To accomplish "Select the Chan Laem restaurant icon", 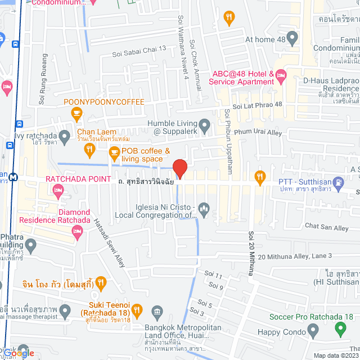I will pyautogui.click(x=88, y=148).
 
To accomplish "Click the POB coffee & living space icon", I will pyautogui.click(x=114, y=151).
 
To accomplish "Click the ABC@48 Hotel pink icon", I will pyautogui.click(x=281, y=75).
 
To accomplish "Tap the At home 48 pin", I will pyautogui.click(x=291, y=39).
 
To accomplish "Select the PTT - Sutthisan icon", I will pyautogui.click(x=337, y=181).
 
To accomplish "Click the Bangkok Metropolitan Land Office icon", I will pyautogui.click(x=157, y=313).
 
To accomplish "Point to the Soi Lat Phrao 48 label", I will pyautogui.click(x=257, y=105).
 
